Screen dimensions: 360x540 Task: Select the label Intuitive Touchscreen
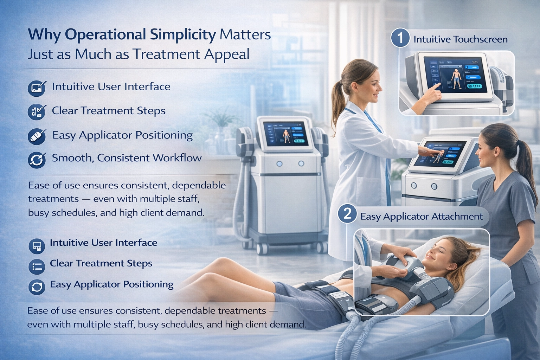(461, 39)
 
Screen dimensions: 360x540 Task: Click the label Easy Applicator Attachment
(422, 216)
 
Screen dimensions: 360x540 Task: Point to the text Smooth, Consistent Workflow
(127, 158)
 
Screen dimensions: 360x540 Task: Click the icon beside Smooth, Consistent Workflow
(37, 159)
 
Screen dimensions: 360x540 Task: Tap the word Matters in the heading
(245, 35)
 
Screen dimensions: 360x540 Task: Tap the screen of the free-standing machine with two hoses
(285, 134)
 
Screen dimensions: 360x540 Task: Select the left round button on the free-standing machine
(279, 163)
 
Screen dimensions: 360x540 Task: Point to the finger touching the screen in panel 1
(437, 86)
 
